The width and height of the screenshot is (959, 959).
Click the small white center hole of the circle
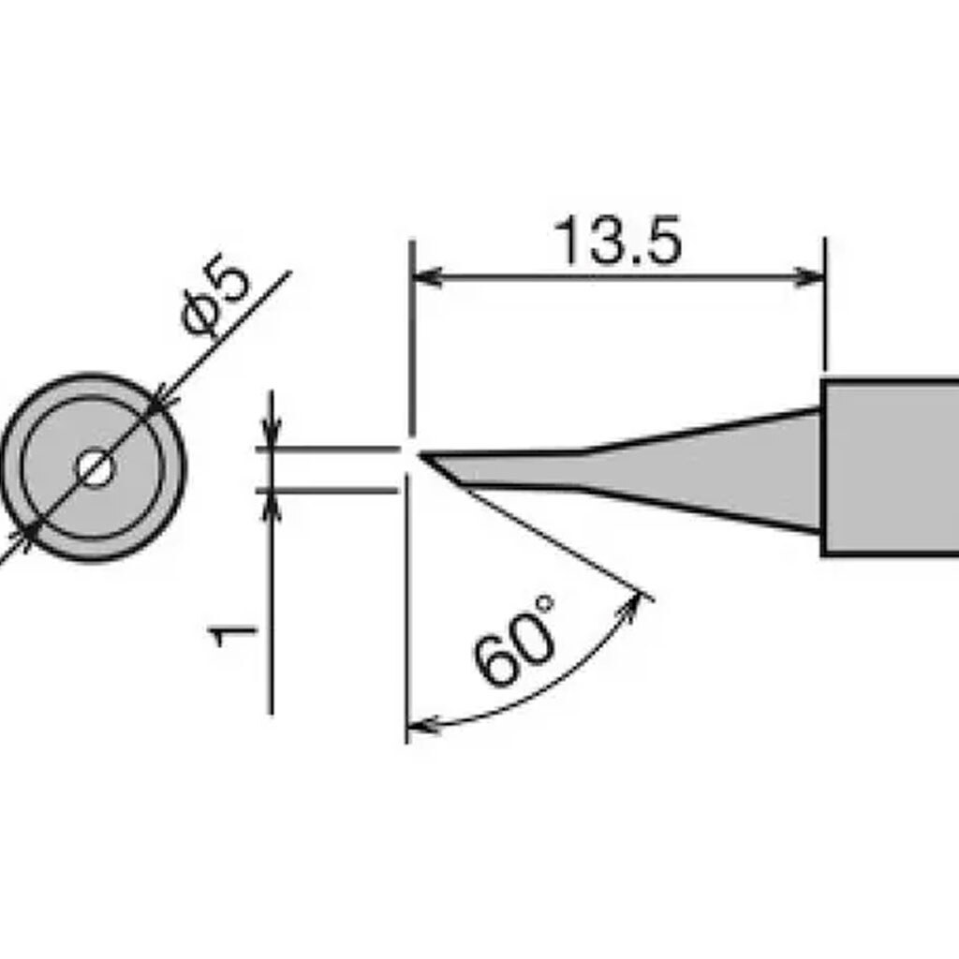point(94,467)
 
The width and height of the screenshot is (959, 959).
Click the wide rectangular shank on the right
point(890,467)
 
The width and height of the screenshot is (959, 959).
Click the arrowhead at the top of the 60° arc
point(637,603)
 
